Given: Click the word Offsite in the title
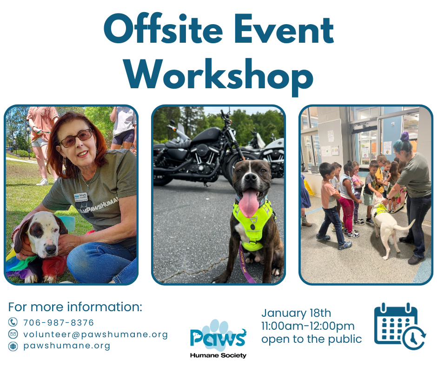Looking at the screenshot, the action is pos(163,28).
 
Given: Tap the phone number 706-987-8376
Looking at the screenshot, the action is pos(59,322).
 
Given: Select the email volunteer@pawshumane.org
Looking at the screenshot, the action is pos(96,334).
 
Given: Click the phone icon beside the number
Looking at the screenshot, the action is pos(13,322).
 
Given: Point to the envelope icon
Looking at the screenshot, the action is pos(13,333).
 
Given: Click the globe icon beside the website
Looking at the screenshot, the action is pos(13,346).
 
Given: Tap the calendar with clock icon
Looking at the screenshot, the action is pos(399,326).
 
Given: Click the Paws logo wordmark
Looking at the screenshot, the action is pos(218,336).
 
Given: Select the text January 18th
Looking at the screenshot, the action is pos(296,313).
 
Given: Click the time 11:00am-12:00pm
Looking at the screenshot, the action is pos(308,326).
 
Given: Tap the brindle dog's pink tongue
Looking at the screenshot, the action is pos(249,203).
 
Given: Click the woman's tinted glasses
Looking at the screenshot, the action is pos(76,138).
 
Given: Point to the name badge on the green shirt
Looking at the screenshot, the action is pos(81,197).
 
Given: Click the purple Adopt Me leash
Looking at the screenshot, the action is pos(245,263).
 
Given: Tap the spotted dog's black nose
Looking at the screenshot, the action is pos(51,249).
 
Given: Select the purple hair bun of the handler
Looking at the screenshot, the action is pos(404,137).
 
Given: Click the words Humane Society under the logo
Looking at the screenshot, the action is pos(218,355).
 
